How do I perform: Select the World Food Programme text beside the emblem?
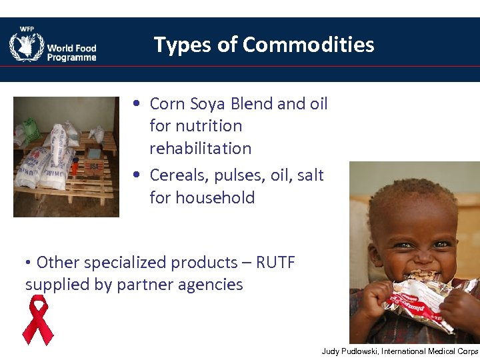pos(71,53)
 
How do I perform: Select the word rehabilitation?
pos(200,148)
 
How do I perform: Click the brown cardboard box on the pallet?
pos(93,165)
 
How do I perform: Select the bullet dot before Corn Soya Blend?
pos(136,105)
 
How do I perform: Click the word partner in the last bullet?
pos(145,285)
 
